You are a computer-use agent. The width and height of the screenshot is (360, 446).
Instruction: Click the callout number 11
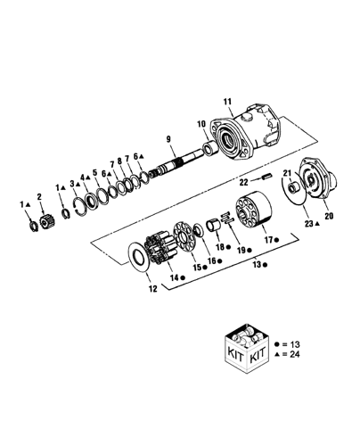(x=227, y=102)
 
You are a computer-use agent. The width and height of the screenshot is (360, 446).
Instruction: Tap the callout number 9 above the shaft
(x=168, y=139)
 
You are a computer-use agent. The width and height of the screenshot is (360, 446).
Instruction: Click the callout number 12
(x=152, y=288)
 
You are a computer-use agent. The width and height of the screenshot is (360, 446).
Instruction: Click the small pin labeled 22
(x=266, y=177)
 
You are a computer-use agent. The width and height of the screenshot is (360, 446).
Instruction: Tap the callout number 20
(x=329, y=216)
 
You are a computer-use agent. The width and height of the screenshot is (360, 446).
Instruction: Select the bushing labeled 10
(x=209, y=148)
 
